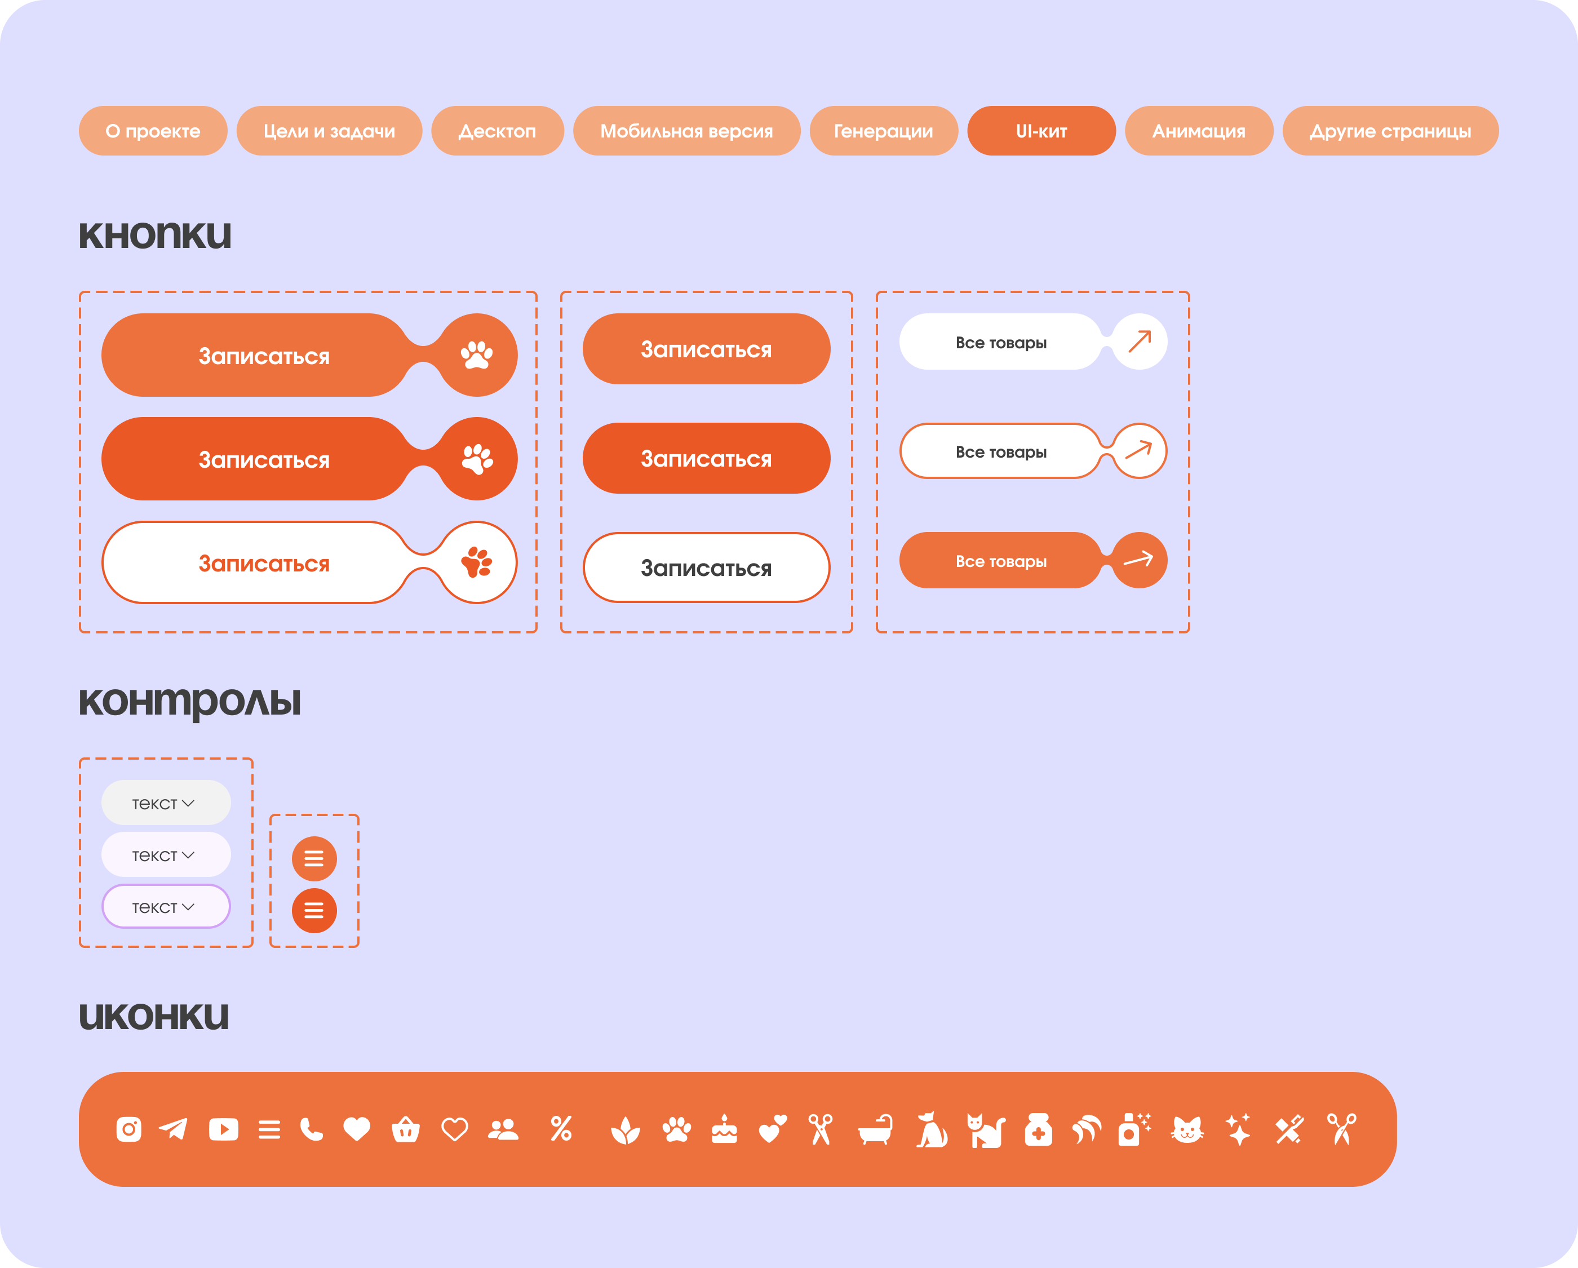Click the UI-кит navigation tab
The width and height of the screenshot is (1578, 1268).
1041,131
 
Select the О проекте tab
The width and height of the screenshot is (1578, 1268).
153,131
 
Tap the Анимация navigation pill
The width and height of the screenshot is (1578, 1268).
1198,131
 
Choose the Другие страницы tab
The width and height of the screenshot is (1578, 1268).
1390,131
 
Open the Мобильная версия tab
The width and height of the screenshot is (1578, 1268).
686,131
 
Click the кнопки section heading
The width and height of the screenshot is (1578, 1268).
154,235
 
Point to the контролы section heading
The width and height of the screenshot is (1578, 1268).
189,702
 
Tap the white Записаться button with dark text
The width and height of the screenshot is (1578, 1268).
706,568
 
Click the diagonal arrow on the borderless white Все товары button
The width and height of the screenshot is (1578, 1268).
1139,341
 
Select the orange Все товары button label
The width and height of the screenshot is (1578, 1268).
1000,561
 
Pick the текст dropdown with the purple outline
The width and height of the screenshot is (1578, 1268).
166,907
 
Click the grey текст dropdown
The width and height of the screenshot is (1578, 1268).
166,803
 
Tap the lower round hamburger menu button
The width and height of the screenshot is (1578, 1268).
314,911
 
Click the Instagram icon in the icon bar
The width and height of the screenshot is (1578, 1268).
129,1129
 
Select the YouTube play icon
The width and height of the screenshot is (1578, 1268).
223,1129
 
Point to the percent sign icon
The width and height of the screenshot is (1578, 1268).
561,1129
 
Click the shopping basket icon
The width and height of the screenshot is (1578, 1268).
405,1129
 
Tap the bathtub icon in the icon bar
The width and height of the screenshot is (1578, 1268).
875,1129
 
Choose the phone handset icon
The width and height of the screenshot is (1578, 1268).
311,1129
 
